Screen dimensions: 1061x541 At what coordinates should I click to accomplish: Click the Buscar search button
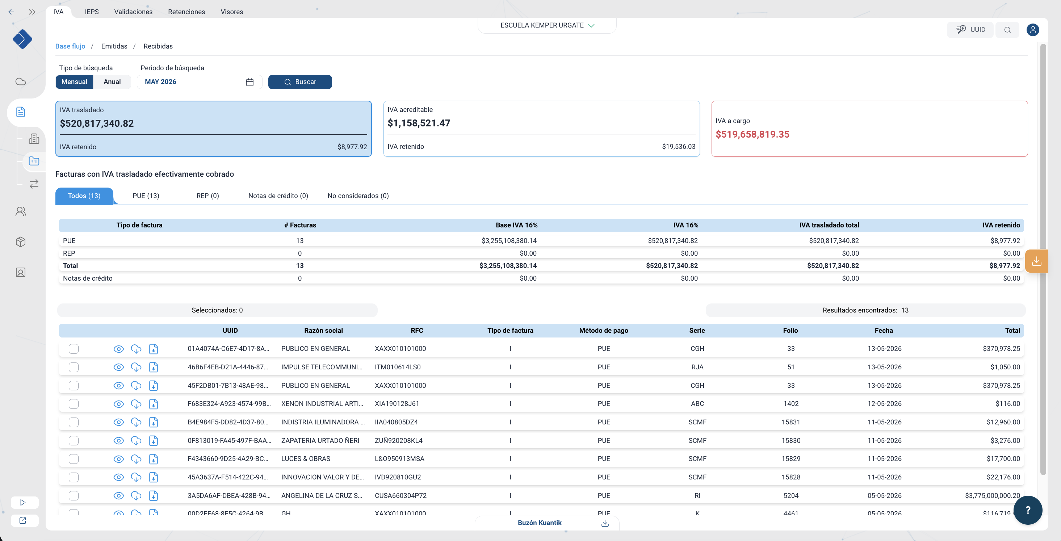pyautogui.click(x=300, y=81)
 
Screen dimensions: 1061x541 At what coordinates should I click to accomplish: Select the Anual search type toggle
pyautogui.click(x=112, y=81)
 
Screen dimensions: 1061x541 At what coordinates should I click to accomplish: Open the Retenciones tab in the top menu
pyautogui.click(x=186, y=12)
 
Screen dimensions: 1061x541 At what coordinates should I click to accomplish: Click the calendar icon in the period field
pyautogui.click(x=249, y=82)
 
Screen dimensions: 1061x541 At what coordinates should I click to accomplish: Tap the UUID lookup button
pyautogui.click(x=970, y=30)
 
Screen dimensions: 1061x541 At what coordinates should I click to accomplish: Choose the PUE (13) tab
pyautogui.click(x=146, y=196)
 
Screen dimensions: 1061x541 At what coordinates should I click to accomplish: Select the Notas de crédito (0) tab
pyautogui.click(x=278, y=196)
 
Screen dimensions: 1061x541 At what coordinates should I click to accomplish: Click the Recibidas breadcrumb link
pyautogui.click(x=158, y=46)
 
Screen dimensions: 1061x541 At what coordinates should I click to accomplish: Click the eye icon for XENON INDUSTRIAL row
pyautogui.click(x=119, y=404)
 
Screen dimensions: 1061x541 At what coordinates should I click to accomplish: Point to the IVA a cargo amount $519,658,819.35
pyautogui.click(x=752, y=134)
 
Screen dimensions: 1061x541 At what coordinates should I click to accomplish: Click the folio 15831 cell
pyautogui.click(x=791, y=422)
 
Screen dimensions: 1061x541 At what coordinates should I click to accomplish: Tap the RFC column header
pyautogui.click(x=417, y=331)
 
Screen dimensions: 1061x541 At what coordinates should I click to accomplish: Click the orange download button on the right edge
pyautogui.click(x=1036, y=261)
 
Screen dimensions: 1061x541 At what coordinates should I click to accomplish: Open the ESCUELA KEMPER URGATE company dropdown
pyautogui.click(x=547, y=25)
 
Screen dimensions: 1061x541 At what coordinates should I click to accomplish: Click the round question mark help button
pyautogui.click(x=1028, y=510)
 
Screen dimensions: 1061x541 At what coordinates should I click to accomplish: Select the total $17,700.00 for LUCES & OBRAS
pyautogui.click(x=1003, y=458)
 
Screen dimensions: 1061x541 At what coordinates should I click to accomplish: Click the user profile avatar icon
pyautogui.click(x=1033, y=30)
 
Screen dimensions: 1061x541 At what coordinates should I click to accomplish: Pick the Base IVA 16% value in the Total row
pyautogui.click(x=508, y=266)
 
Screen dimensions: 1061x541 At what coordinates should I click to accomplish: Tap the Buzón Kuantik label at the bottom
pyautogui.click(x=539, y=523)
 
